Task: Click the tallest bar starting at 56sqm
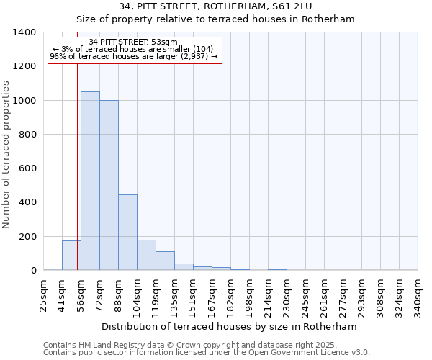coord(90,181)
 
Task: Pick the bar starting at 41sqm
coord(71,256)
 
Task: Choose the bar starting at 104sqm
coord(146,255)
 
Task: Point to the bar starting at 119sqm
coord(165,261)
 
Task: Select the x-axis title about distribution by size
coord(229,326)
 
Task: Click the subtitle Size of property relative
coord(216,19)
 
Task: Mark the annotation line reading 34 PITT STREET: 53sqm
coord(133,42)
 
